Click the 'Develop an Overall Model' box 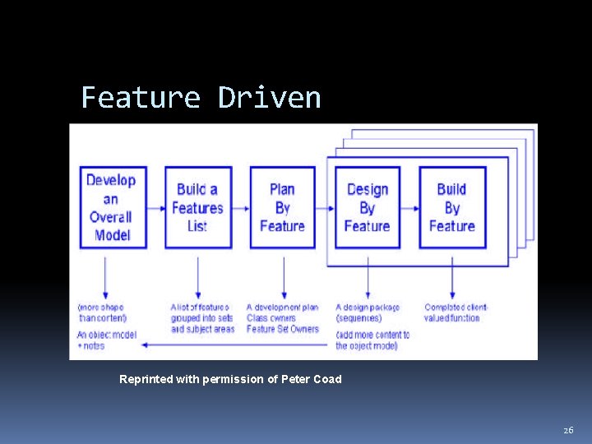point(112,207)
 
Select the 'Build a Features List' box point(197,207)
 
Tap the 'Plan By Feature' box point(282,207)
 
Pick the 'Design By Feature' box point(367,207)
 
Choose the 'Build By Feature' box point(451,207)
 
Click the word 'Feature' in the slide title point(141,98)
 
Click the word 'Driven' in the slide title point(269,98)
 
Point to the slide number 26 point(568,430)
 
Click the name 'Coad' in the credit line point(326,379)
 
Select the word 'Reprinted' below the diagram point(146,379)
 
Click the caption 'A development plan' point(282,308)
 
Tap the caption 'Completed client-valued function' point(456,312)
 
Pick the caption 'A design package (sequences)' point(368,312)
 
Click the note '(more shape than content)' point(101,312)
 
